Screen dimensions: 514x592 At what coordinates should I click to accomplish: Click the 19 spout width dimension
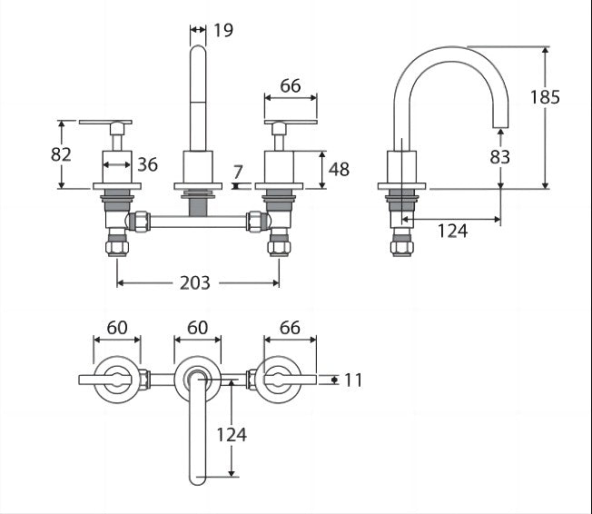tap(223, 31)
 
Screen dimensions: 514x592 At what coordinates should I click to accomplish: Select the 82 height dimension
tap(61, 154)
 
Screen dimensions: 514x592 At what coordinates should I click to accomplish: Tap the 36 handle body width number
tap(147, 164)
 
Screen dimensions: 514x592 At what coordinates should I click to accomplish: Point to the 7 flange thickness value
tap(237, 171)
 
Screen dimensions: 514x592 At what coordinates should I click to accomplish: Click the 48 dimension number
tap(339, 169)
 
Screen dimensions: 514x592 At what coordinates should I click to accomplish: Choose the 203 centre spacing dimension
tap(194, 282)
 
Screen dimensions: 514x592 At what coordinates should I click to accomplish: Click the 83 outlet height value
tap(499, 156)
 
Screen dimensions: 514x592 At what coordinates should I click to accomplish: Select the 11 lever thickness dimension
tap(352, 380)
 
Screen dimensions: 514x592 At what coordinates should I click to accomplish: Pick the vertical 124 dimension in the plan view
tap(232, 434)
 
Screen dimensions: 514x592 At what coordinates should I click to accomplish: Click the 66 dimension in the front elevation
tap(290, 86)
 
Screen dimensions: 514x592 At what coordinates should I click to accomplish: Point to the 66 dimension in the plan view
tap(290, 327)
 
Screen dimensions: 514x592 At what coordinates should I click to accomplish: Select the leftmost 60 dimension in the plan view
tap(117, 327)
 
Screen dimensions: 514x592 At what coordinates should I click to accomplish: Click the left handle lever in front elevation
tap(105, 121)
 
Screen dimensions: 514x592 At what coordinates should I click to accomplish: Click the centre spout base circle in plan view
tap(197, 379)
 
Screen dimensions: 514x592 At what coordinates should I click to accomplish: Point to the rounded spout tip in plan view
tap(197, 478)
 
